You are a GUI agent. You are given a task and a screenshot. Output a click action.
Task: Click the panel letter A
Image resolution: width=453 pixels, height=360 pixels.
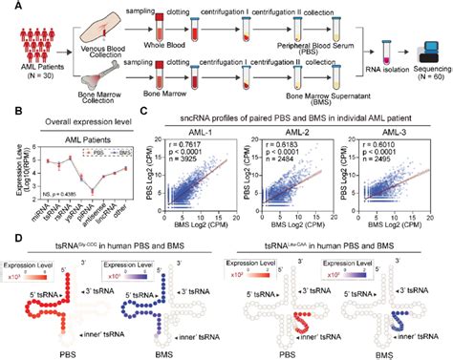pos(6,7)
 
